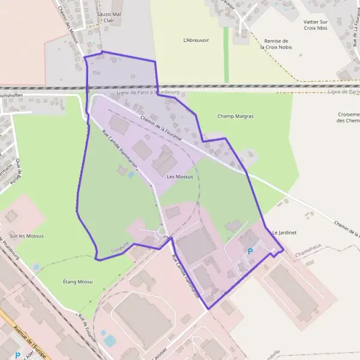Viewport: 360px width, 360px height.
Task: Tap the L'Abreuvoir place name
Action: (195, 40)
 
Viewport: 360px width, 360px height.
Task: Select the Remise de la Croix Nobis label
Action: (276, 44)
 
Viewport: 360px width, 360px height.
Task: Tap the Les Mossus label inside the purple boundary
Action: (180, 177)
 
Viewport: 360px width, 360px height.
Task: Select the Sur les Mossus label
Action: (26, 236)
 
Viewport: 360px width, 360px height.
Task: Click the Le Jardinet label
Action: (284, 232)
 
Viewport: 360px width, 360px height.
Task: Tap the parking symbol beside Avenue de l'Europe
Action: (17, 355)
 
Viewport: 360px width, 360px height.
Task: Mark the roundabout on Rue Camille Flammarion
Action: (161, 232)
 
